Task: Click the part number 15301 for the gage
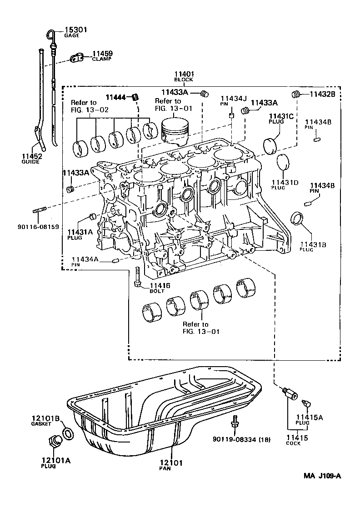[75, 30]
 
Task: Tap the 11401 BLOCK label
[184, 76]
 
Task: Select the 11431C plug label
[281, 119]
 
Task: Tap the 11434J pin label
[234, 100]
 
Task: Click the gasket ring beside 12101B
[67, 433]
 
